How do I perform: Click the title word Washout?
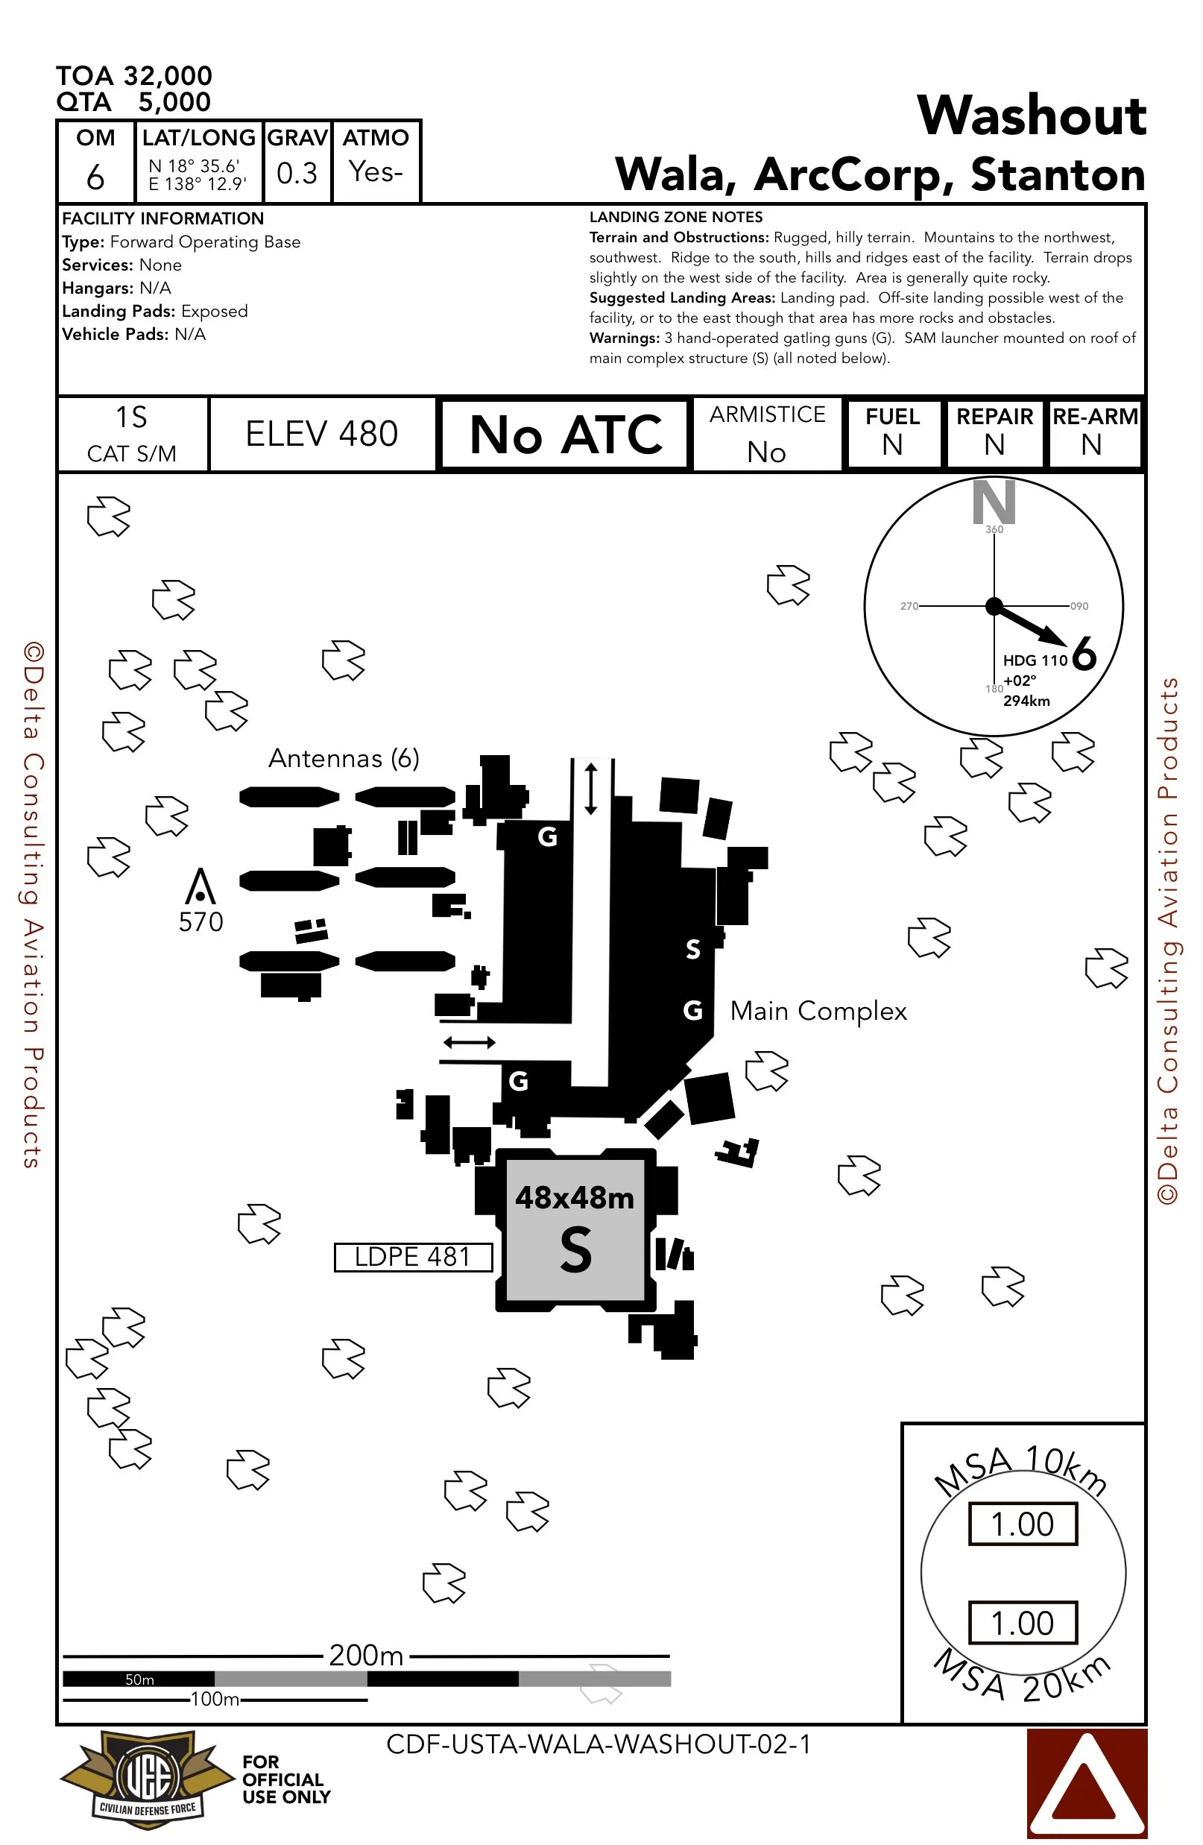tap(1030, 116)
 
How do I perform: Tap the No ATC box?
tap(564, 434)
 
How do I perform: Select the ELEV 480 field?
tap(322, 434)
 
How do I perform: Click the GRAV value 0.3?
tap(297, 173)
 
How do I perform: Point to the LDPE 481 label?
tap(412, 1257)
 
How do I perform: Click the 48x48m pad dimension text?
tap(575, 1199)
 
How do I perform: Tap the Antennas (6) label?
tap(344, 758)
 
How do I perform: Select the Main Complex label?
tap(818, 1011)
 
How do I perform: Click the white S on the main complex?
tap(693, 949)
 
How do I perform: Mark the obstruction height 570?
tap(200, 921)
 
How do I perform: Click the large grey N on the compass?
tap(994, 502)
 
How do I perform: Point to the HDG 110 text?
tap(1035, 660)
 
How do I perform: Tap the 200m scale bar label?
tap(366, 1655)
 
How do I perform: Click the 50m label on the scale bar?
tap(139, 1679)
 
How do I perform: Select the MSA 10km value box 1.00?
tap(1023, 1524)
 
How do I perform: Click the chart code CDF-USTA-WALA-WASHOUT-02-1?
tap(599, 1744)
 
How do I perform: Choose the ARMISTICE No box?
tap(767, 434)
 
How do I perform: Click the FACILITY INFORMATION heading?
tap(162, 218)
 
